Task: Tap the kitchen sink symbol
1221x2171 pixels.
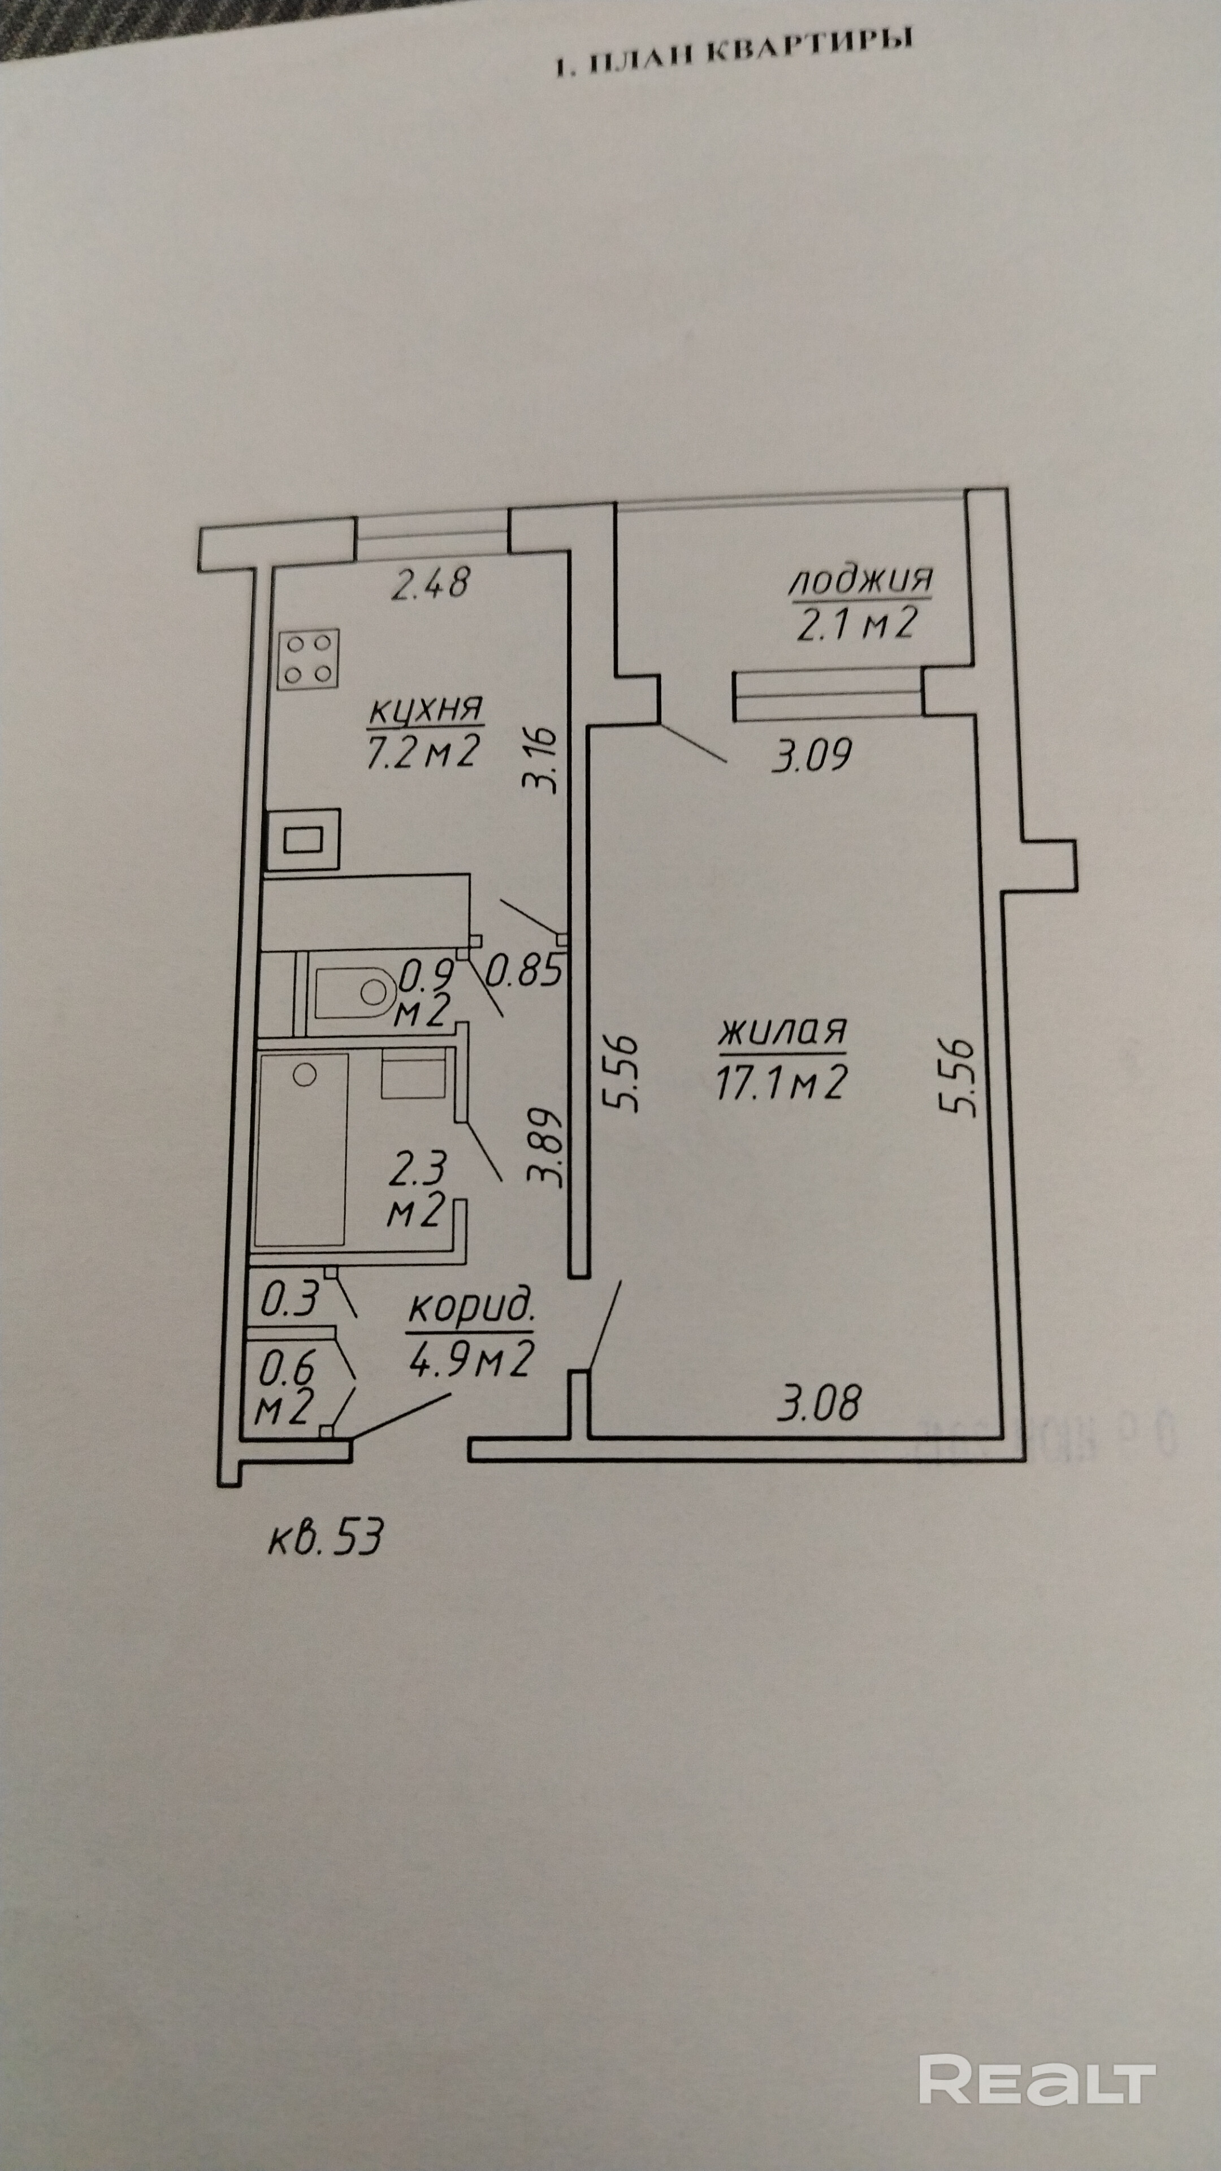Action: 304,838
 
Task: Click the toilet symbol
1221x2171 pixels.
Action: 354,991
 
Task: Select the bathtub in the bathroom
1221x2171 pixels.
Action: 301,1149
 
